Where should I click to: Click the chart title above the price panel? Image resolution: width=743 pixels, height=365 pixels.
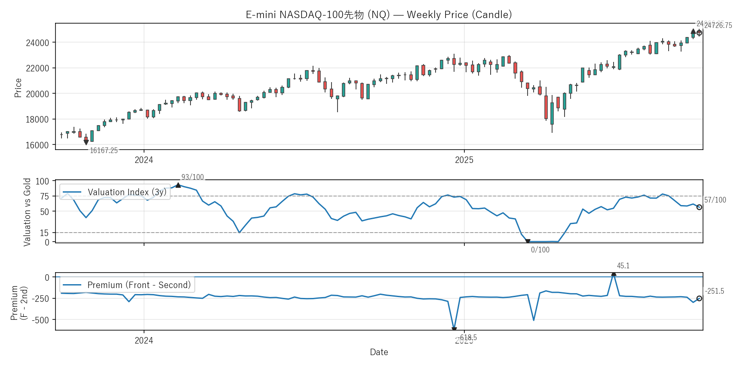(x=379, y=15)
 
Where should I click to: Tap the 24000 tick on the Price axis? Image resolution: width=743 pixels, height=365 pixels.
(x=37, y=43)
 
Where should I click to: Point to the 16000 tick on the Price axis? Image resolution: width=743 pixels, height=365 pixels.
(x=37, y=145)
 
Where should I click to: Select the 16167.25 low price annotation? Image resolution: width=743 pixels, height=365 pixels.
(x=104, y=150)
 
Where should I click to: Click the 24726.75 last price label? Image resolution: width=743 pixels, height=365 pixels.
(x=718, y=25)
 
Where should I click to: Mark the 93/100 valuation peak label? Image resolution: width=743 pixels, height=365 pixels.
(x=192, y=177)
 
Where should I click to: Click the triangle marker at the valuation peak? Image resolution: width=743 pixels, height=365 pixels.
(x=178, y=185)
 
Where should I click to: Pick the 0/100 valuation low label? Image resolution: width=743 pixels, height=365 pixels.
(x=540, y=250)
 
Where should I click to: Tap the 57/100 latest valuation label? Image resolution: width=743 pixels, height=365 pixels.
(x=715, y=200)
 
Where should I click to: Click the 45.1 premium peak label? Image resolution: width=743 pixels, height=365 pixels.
(x=623, y=266)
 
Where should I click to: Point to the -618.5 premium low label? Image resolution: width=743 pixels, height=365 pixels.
(x=467, y=337)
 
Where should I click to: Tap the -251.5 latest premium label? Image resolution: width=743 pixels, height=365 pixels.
(x=714, y=291)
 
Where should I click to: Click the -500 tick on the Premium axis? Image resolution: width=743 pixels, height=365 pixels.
(x=42, y=320)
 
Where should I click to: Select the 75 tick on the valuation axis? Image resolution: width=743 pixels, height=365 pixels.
(x=44, y=196)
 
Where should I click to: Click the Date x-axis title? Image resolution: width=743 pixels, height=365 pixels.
(x=379, y=352)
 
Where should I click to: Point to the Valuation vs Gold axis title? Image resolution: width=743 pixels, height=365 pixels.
(x=27, y=212)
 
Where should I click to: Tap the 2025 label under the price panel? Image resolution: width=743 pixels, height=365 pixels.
(x=464, y=160)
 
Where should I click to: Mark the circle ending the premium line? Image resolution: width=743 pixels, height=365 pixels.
(x=699, y=298)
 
